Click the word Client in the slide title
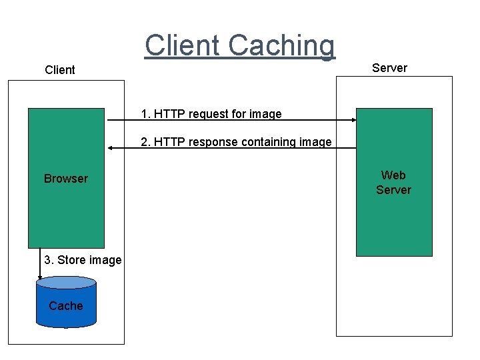(x=183, y=45)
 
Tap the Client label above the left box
(x=60, y=70)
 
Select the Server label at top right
(x=389, y=68)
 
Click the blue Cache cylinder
(x=66, y=303)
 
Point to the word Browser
(x=65, y=179)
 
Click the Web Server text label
(x=393, y=183)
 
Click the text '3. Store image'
(x=83, y=260)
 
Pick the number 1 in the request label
(x=144, y=114)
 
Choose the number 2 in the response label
(x=144, y=142)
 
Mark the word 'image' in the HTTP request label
(x=265, y=114)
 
